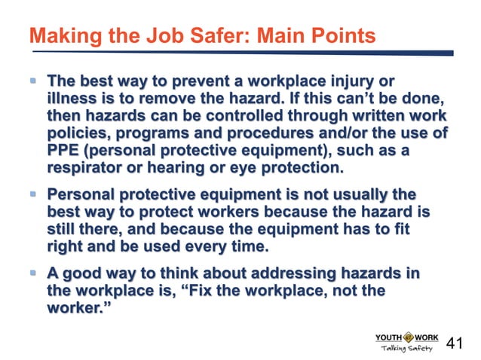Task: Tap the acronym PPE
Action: tap(63, 151)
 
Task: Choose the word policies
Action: tap(78, 134)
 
